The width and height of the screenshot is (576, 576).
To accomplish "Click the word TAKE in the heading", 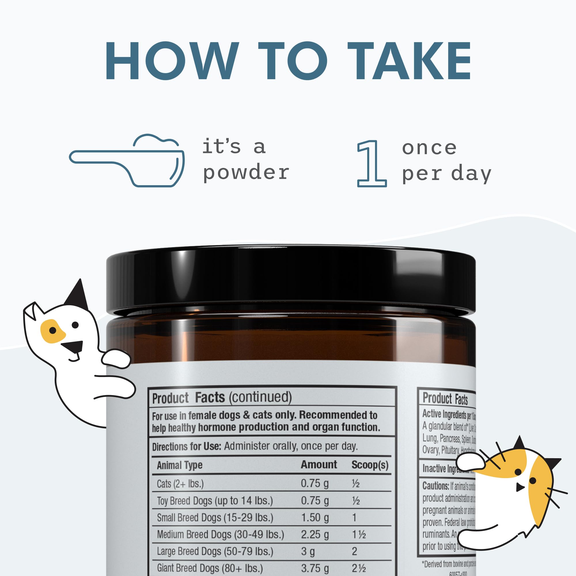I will tap(409, 61).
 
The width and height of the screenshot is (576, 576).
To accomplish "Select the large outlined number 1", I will tap(371, 164).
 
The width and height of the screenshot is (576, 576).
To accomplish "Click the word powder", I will tap(246, 173).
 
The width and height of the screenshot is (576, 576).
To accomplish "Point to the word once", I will tap(429, 148).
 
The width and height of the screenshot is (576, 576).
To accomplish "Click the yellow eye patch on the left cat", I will tap(52, 331).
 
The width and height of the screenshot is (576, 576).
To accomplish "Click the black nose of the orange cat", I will tap(520, 487).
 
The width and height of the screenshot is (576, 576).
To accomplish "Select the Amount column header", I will tap(319, 465).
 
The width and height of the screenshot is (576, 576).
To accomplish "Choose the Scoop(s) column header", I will tap(370, 465).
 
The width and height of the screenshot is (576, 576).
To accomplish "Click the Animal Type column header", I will tap(179, 465).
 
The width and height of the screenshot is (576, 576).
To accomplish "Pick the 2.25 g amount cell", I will tap(315, 534).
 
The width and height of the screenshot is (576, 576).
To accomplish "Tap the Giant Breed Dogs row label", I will tap(210, 568).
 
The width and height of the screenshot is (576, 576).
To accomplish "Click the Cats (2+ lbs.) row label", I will tap(180, 484).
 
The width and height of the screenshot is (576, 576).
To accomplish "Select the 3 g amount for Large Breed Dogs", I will tap(308, 551).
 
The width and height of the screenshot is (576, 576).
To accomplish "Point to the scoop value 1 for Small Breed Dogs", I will tap(354, 517).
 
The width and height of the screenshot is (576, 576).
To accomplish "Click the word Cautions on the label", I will tap(435, 486).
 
